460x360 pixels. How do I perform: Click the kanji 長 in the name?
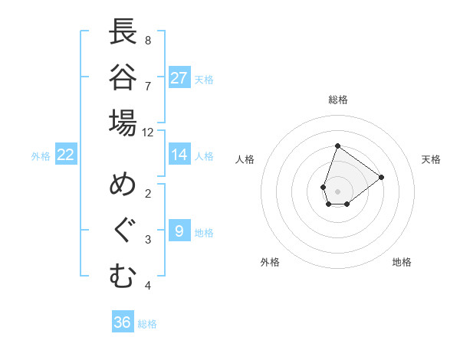(123, 33)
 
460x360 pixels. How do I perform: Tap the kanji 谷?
(123, 78)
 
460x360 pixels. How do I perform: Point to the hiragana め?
(123, 186)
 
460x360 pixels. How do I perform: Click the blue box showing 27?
(179, 77)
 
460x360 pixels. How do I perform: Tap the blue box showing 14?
(179, 155)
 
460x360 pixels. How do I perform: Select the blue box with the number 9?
(179, 231)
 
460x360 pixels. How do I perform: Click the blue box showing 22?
(65, 155)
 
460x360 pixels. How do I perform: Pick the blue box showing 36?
(122, 322)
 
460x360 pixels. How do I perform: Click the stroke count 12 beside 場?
(148, 133)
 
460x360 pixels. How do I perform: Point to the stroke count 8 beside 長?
(148, 40)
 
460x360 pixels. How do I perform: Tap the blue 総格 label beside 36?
(147, 324)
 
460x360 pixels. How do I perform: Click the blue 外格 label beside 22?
(41, 156)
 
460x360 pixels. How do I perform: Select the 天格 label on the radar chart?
(431, 159)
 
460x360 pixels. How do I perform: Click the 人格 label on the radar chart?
(245, 159)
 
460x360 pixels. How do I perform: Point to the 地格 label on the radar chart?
(402, 262)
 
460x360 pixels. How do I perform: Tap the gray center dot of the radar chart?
(337, 191)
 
